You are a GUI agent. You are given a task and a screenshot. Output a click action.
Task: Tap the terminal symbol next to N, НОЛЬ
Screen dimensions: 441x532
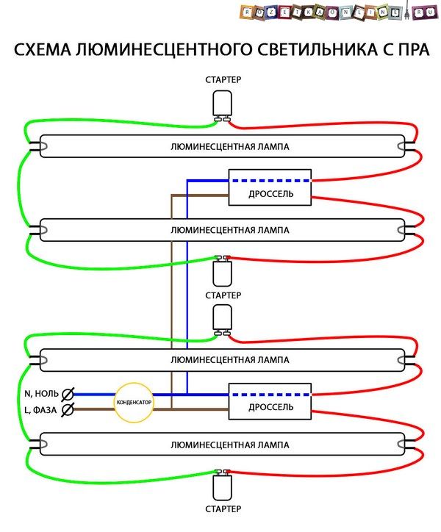68,395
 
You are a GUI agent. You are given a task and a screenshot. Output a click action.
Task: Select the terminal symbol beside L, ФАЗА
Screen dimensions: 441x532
68,409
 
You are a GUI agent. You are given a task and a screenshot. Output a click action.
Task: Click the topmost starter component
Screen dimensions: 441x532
223,105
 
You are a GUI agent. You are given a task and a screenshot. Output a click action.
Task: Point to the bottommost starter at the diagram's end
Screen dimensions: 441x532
223,485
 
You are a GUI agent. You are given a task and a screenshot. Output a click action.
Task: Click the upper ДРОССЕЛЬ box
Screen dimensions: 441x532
270,187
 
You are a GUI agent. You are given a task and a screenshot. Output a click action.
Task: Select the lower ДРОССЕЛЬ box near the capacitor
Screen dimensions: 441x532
270,401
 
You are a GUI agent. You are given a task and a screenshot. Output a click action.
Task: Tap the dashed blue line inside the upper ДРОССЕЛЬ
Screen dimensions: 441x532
270,181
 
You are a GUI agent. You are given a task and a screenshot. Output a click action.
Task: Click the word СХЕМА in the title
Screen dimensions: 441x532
43,49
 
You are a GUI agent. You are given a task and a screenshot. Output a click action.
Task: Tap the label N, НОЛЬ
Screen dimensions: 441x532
41,394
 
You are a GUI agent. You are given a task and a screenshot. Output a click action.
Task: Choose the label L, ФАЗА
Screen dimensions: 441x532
40,410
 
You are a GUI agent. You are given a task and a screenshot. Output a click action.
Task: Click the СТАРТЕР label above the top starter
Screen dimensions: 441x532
223,80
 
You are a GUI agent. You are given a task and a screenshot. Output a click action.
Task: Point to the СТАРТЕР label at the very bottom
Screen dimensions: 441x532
223,509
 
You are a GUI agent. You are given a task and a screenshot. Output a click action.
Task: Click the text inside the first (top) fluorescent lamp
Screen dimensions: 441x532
230,146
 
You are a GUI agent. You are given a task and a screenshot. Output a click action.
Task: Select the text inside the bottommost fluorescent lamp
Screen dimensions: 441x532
230,445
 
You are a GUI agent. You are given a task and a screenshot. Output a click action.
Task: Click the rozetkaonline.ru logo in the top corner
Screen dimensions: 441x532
339,12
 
